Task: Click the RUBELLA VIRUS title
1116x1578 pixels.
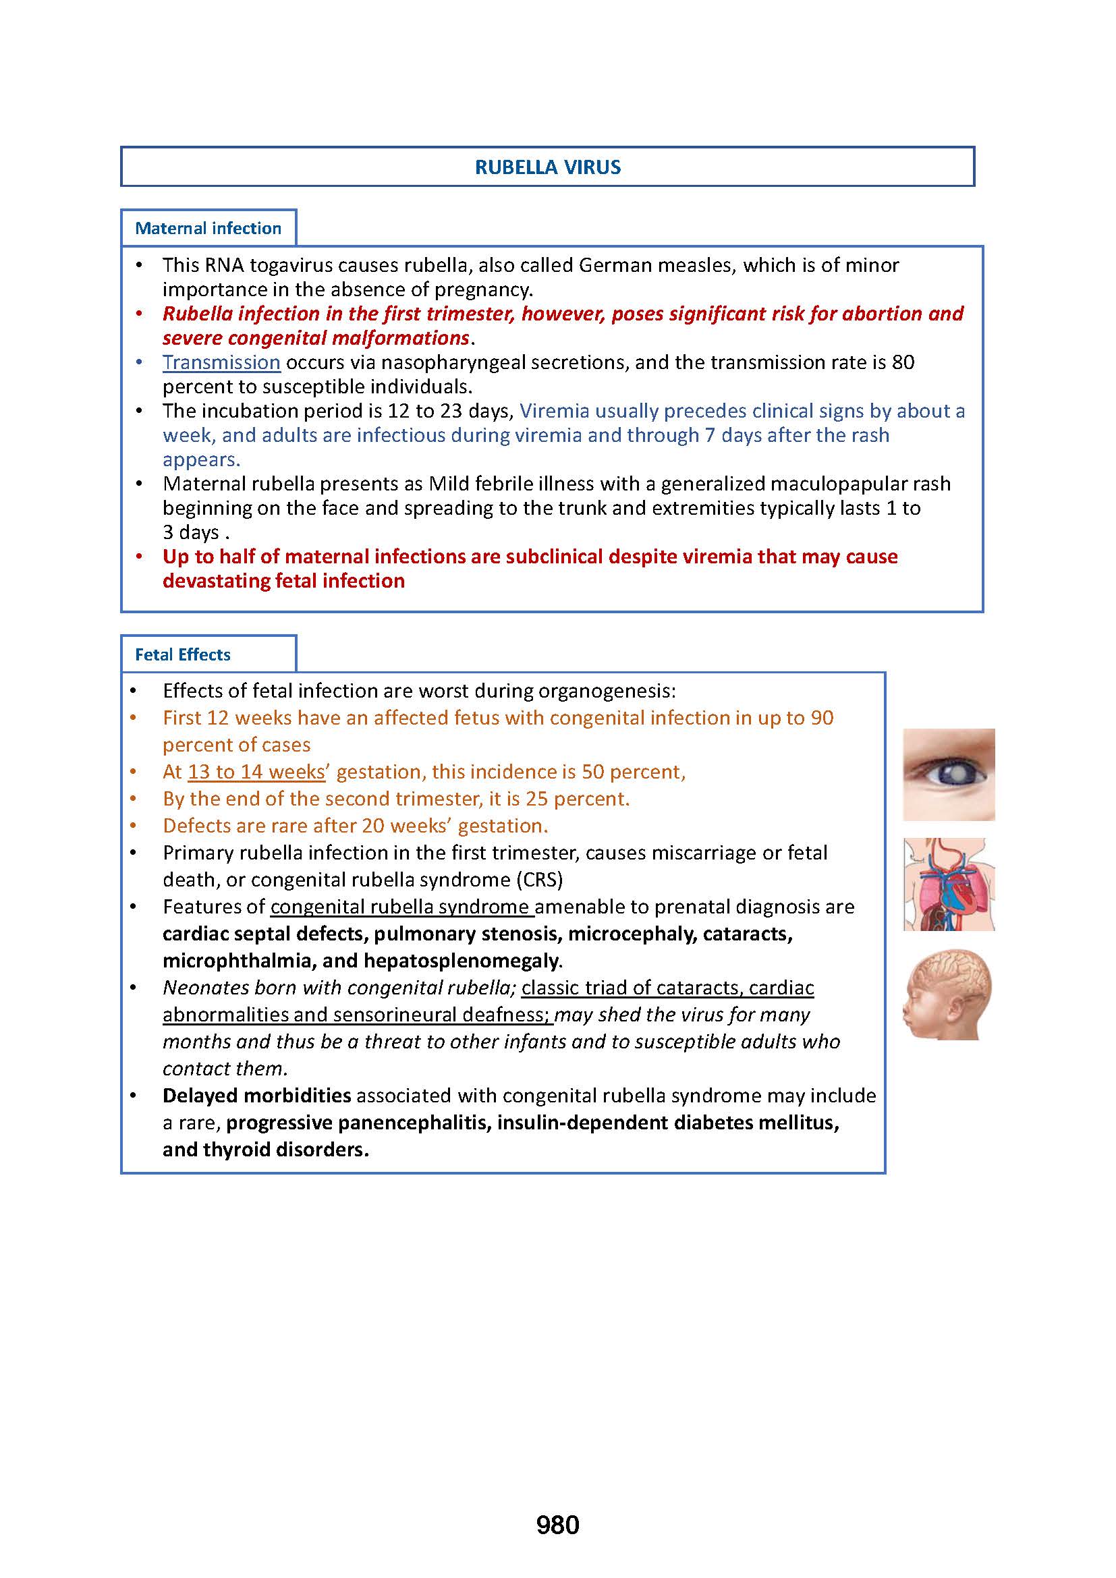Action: tap(548, 167)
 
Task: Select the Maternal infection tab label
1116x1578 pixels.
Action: tap(208, 228)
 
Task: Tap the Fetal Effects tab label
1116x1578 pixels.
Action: tap(182, 654)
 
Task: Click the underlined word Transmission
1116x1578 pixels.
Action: tap(221, 362)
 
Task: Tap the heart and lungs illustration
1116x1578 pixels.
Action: tap(948, 884)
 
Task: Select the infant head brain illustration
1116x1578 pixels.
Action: tap(948, 994)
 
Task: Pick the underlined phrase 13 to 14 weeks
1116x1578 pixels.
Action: tap(256, 772)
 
